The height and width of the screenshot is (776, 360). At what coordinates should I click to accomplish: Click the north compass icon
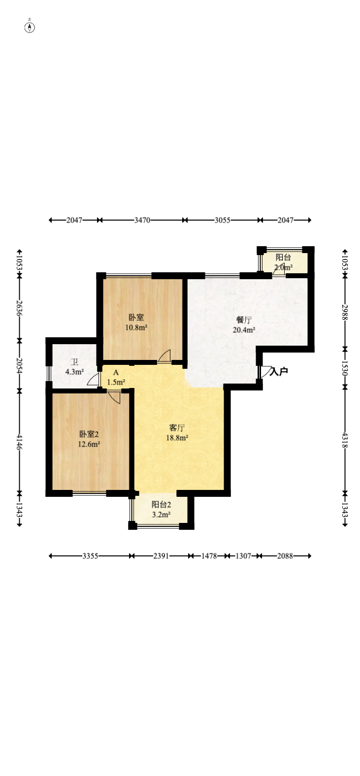click(30, 27)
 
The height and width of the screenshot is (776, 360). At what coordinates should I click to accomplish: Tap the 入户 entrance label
click(279, 372)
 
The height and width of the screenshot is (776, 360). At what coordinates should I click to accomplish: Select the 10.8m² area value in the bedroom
click(136, 327)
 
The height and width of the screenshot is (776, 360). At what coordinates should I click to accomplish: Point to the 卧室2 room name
click(89, 434)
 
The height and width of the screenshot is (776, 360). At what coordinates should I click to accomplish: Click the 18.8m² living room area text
click(177, 438)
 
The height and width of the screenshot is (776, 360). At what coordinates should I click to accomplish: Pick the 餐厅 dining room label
click(244, 320)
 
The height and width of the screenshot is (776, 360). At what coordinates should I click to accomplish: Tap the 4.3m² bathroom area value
click(74, 372)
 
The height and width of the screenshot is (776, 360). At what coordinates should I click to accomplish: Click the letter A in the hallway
click(116, 373)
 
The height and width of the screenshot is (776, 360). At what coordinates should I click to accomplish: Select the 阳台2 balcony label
click(161, 505)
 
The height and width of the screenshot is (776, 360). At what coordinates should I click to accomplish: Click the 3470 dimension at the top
click(142, 220)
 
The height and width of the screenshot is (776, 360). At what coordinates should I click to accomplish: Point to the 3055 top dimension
click(222, 220)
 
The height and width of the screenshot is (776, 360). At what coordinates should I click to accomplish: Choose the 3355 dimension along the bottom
click(90, 556)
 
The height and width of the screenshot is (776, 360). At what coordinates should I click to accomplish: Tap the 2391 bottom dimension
click(161, 556)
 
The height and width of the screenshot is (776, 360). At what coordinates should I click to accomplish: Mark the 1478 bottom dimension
click(209, 556)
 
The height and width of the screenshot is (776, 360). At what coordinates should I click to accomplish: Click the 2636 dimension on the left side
click(19, 308)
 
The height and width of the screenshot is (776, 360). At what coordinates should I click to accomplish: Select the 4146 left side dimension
click(19, 442)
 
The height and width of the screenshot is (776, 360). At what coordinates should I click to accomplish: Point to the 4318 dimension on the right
click(345, 440)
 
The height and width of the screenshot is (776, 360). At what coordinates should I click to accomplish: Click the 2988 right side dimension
click(345, 312)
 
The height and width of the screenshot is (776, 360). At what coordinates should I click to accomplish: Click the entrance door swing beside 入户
click(266, 371)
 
